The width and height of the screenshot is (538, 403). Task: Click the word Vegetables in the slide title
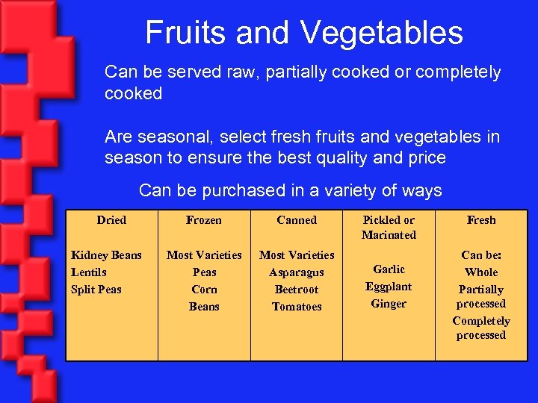tap(383, 33)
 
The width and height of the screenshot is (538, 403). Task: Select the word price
tap(424, 157)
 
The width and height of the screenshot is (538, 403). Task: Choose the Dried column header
tap(111, 220)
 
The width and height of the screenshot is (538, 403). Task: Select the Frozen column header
tap(204, 220)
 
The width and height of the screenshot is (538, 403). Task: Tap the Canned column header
tap(297, 220)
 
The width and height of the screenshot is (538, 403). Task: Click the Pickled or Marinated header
tap(389, 228)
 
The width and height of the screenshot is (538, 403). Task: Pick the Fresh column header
tap(481, 220)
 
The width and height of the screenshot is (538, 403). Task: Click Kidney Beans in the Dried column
tap(106, 255)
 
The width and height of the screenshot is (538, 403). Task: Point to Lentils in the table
tap(89, 272)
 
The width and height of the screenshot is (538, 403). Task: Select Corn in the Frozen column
tap(204, 290)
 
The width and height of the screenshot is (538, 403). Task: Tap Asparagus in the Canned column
tap(297, 272)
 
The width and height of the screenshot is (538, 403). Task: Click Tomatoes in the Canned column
tap(297, 307)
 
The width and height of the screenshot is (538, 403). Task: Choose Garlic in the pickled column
tap(389, 269)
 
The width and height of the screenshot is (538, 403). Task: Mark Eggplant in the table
tap(389, 287)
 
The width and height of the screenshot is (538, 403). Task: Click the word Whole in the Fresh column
tap(481, 272)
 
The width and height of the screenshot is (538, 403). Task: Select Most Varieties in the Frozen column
tap(204, 255)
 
